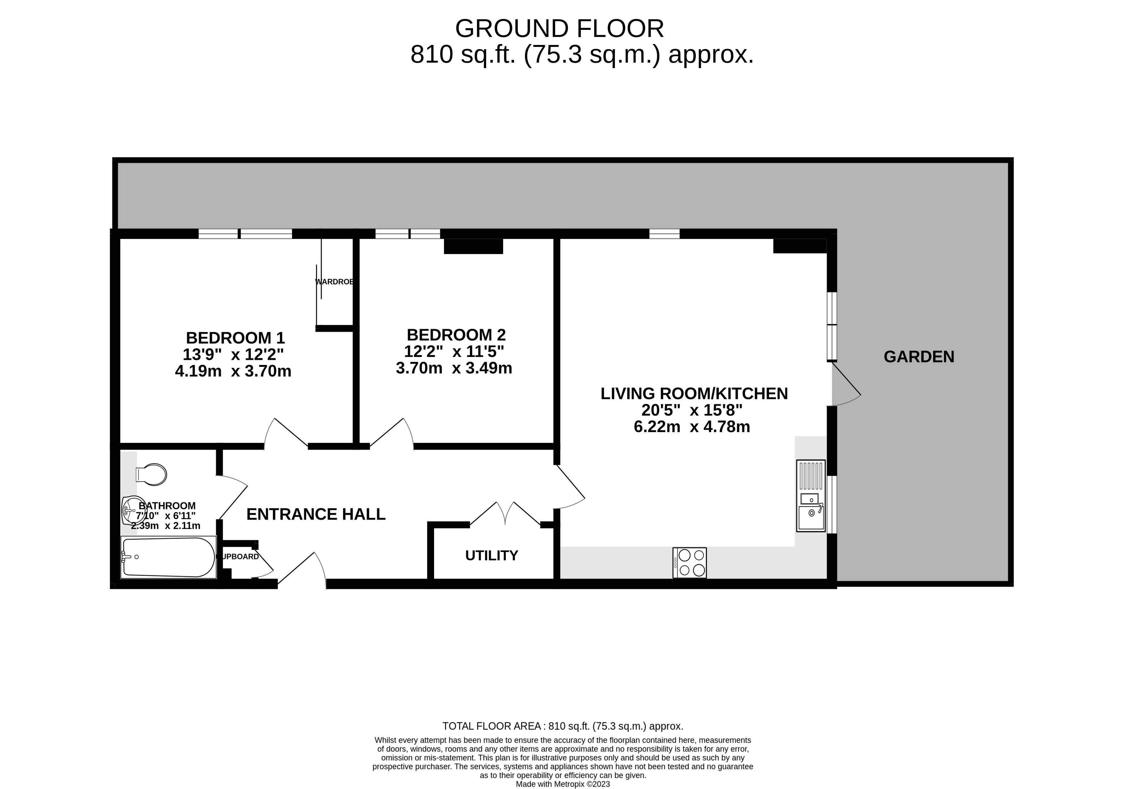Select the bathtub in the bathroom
168,557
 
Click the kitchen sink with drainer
811,496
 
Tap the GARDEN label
919,357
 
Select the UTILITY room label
491,555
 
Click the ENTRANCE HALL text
316,514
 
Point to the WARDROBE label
335,282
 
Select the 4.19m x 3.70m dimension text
233,371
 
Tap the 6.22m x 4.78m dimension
692,427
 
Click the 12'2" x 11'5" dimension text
454,351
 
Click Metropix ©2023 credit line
563,784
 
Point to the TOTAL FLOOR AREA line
563,726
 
